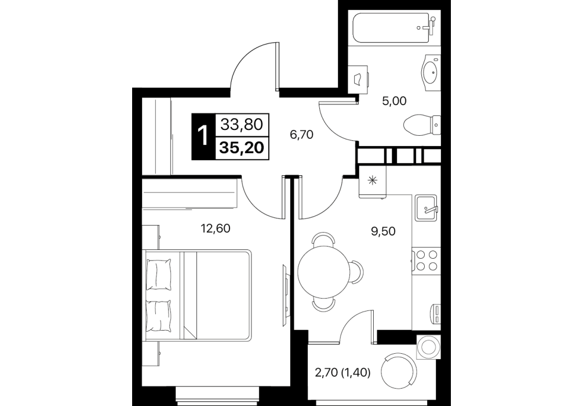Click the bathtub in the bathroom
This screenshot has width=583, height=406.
coord(394,29)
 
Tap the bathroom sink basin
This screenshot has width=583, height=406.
coord(431,73)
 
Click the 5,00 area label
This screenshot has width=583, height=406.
coord(394,101)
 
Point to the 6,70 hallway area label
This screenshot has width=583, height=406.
coord(302,135)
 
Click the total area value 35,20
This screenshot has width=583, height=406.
coord(242,148)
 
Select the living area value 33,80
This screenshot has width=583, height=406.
coord(242,125)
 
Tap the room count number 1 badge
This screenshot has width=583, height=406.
coord(203,136)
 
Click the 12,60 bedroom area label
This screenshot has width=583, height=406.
coord(216,229)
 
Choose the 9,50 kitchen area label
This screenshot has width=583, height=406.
coord(383,231)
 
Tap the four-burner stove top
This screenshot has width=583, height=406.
coord(427,260)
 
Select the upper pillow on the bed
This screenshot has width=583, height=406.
coord(159,275)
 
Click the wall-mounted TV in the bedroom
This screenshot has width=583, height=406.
coord(285,289)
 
